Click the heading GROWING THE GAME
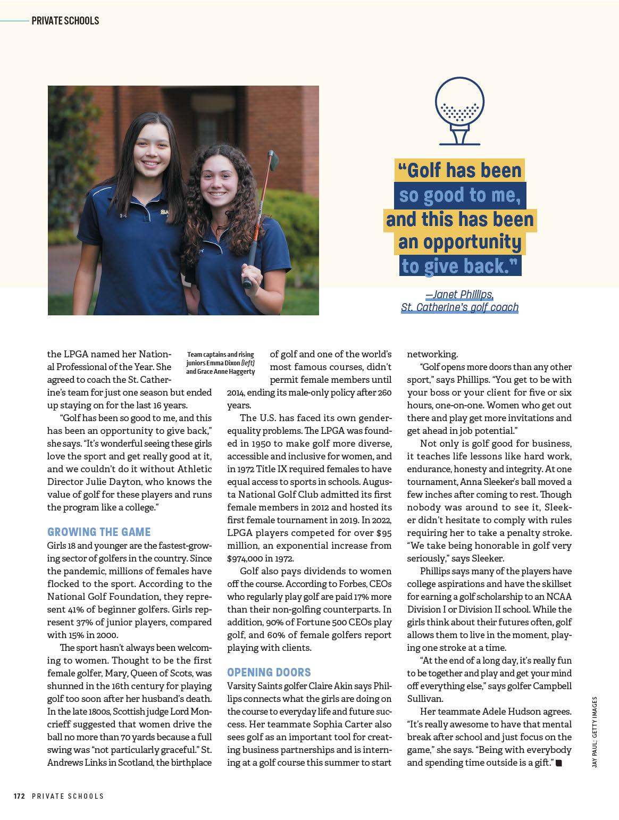click(x=99, y=532)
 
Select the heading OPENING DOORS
click(x=269, y=672)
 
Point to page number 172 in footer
click(x=19, y=796)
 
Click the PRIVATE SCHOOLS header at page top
click(x=65, y=21)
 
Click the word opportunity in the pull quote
click(x=459, y=242)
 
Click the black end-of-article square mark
click(x=559, y=763)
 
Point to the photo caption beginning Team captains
click(x=220, y=363)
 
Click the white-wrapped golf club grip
click(x=248, y=277)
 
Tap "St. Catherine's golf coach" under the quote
click(x=459, y=307)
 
